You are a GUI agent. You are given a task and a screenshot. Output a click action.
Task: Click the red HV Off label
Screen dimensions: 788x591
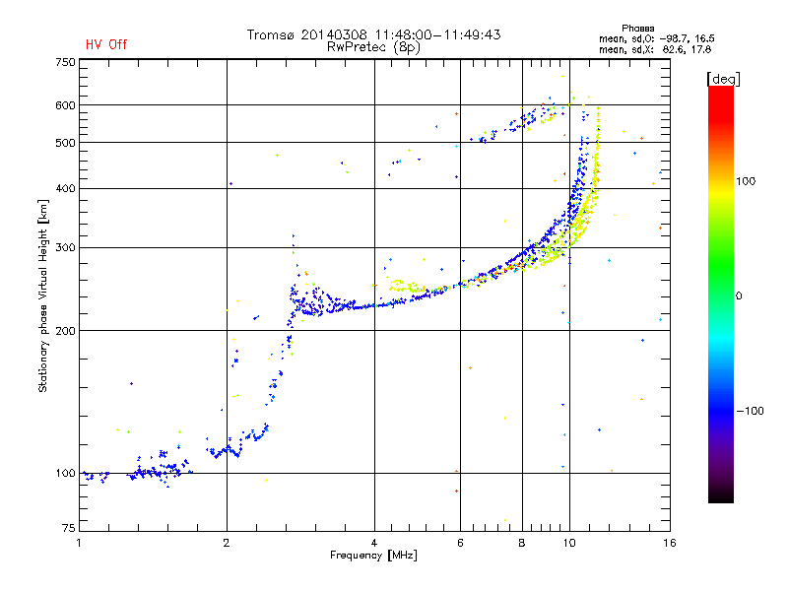click(x=106, y=44)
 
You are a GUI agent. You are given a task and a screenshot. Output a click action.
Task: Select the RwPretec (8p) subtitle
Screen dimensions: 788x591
click(x=373, y=47)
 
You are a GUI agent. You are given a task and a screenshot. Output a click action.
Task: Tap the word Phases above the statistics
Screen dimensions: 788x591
click(x=637, y=29)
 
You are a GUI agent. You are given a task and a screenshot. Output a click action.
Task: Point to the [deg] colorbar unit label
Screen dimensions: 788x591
click(x=723, y=79)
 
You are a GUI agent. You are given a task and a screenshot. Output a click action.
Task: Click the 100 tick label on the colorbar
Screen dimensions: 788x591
click(x=746, y=181)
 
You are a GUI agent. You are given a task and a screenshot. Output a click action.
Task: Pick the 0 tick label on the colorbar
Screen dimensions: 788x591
click(x=739, y=296)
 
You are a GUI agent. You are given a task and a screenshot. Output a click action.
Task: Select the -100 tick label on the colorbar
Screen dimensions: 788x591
click(x=751, y=411)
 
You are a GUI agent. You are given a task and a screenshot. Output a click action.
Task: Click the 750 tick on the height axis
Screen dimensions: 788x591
click(x=65, y=62)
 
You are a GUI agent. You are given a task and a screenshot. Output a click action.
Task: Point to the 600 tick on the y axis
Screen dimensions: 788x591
click(x=65, y=105)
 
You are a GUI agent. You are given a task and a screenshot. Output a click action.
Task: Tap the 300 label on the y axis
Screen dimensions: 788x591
click(x=65, y=247)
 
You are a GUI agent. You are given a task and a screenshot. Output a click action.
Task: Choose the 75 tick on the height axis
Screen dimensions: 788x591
click(x=69, y=528)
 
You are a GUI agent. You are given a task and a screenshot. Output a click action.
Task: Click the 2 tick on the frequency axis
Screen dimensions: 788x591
click(x=227, y=543)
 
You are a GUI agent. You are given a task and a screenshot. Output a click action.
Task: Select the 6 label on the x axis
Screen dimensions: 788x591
click(x=460, y=543)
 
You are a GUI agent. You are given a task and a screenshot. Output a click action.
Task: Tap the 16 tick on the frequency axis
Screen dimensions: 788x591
click(x=670, y=543)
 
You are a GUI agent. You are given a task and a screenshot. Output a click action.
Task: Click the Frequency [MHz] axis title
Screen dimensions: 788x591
click(x=373, y=556)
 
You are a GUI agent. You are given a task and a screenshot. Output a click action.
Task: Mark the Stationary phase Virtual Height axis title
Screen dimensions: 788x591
click(x=43, y=296)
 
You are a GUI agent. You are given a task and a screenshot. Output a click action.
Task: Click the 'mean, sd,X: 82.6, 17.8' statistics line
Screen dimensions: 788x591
click(x=655, y=49)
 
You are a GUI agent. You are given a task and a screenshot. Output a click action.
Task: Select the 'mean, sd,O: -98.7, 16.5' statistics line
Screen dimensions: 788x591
click(x=657, y=38)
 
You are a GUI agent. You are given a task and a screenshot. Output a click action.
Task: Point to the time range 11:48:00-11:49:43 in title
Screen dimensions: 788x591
click(x=437, y=34)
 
